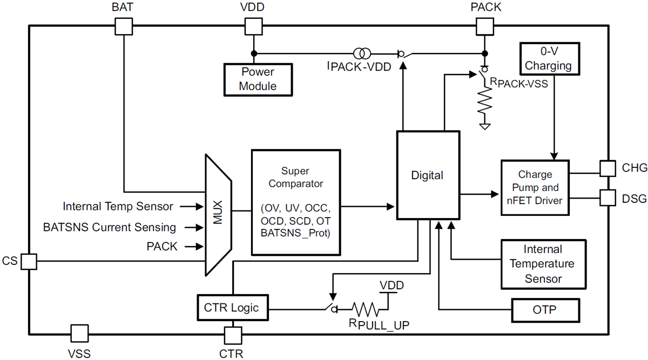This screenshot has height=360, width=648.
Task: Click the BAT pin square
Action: [x=124, y=25]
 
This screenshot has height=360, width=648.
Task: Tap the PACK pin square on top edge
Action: [x=484, y=25]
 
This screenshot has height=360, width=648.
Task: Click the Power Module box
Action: [x=258, y=79]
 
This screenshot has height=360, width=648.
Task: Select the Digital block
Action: [x=427, y=175]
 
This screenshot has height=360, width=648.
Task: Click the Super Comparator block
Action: [x=295, y=202]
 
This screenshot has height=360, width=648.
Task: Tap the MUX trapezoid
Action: [x=218, y=214]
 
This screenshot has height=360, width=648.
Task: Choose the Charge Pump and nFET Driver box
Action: [x=535, y=188]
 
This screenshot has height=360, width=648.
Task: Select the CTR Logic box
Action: [x=231, y=308]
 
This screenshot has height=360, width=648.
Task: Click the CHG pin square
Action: [x=607, y=168]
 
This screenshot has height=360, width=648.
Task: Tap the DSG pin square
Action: [x=607, y=198]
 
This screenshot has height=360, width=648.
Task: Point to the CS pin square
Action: [x=29, y=262]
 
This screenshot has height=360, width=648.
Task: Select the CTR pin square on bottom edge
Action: [x=233, y=335]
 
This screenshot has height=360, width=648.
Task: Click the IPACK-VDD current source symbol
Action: [x=362, y=53]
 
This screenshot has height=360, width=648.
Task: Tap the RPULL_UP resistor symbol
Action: [x=367, y=309]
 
